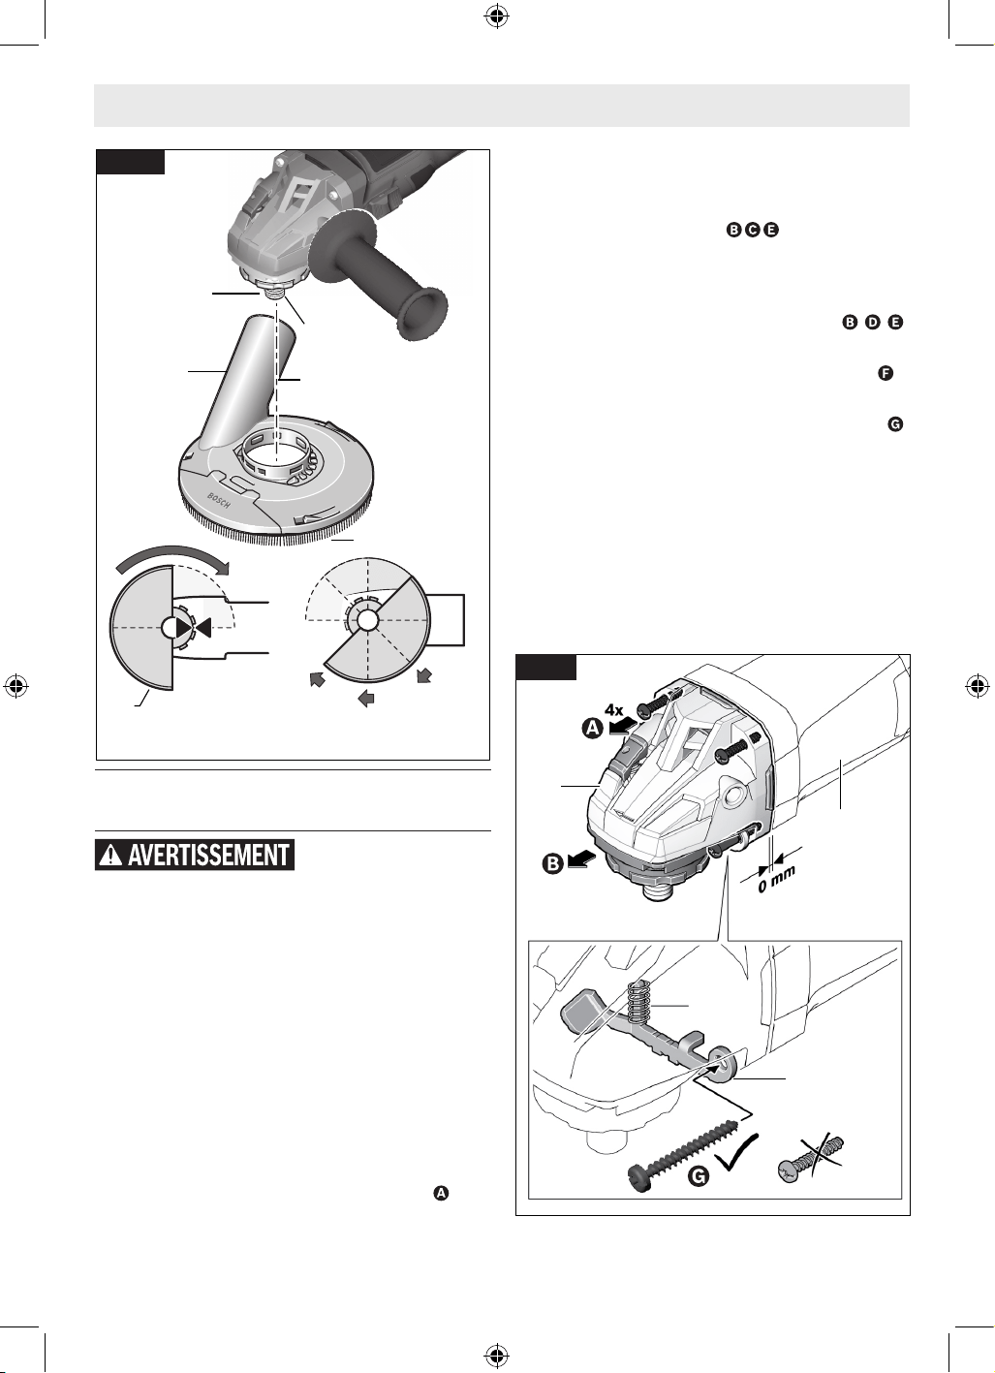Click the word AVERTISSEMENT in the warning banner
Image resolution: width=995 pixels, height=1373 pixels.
208,854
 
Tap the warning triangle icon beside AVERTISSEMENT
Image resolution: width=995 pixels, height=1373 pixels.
111,854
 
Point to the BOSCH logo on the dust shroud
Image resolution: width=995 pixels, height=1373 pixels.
219,500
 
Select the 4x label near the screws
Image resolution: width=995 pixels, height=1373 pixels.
614,710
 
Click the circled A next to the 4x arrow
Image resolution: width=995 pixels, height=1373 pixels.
592,730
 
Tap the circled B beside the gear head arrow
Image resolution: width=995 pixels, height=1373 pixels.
553,864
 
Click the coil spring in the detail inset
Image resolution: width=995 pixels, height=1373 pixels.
637,1003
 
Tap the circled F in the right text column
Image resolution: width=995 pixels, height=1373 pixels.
886,373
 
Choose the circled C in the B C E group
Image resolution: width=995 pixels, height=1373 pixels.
753,230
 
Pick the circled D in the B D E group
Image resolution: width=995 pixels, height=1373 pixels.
872,323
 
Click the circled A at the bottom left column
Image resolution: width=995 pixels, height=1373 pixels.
442,1193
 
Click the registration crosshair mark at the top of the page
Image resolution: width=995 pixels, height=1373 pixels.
497,17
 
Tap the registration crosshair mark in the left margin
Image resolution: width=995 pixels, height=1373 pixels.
17,686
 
